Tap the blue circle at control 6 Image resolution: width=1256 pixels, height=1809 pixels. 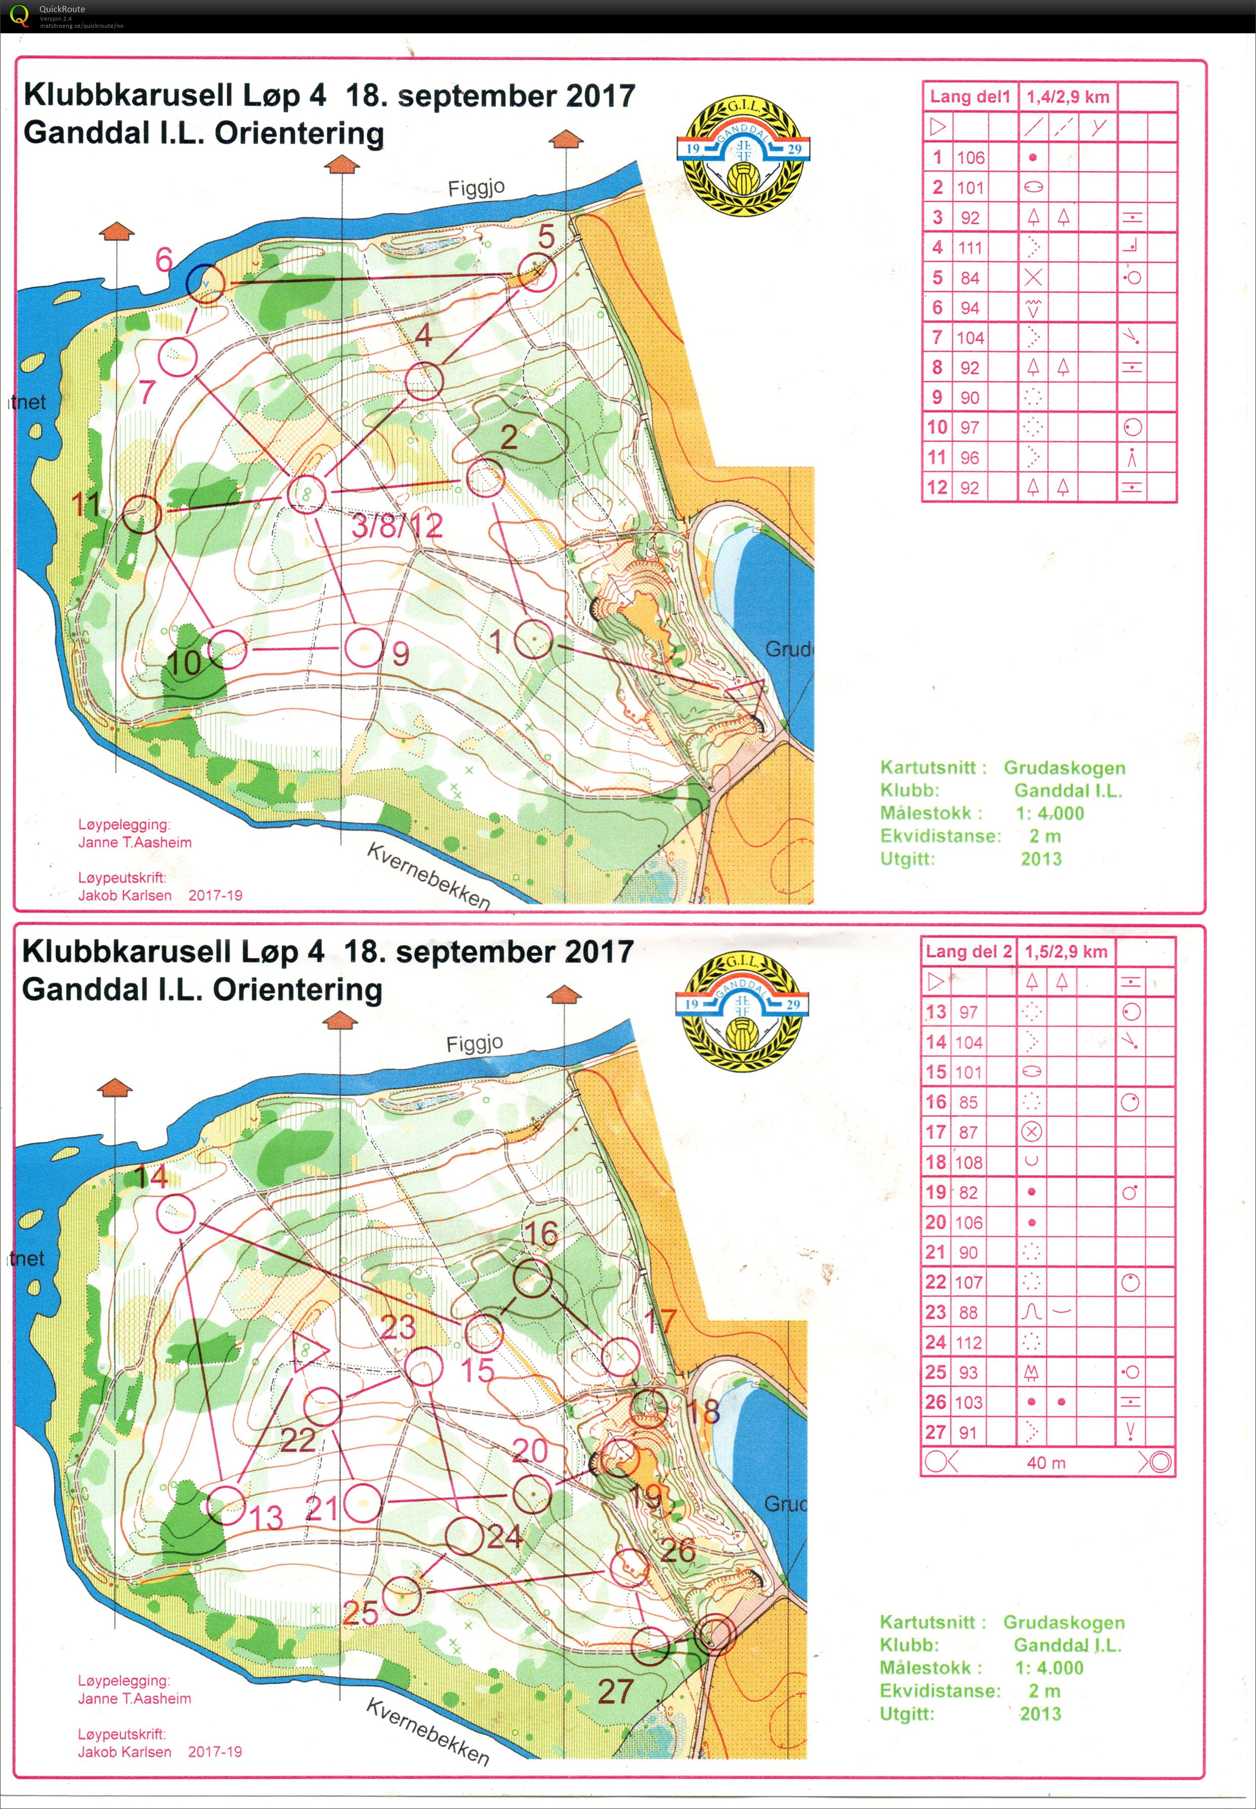coord(205,282)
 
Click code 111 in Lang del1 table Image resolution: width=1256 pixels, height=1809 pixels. coord(970,248)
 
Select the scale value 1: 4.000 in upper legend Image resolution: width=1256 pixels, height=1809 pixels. coord(1049,813)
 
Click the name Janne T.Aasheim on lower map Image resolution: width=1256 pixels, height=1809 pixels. coord(135,1698)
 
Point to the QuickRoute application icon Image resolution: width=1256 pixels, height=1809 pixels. coord(17,14)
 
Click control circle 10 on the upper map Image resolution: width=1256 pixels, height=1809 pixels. coord(228,650)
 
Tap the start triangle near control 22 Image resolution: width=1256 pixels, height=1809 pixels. coord(309,1351)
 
